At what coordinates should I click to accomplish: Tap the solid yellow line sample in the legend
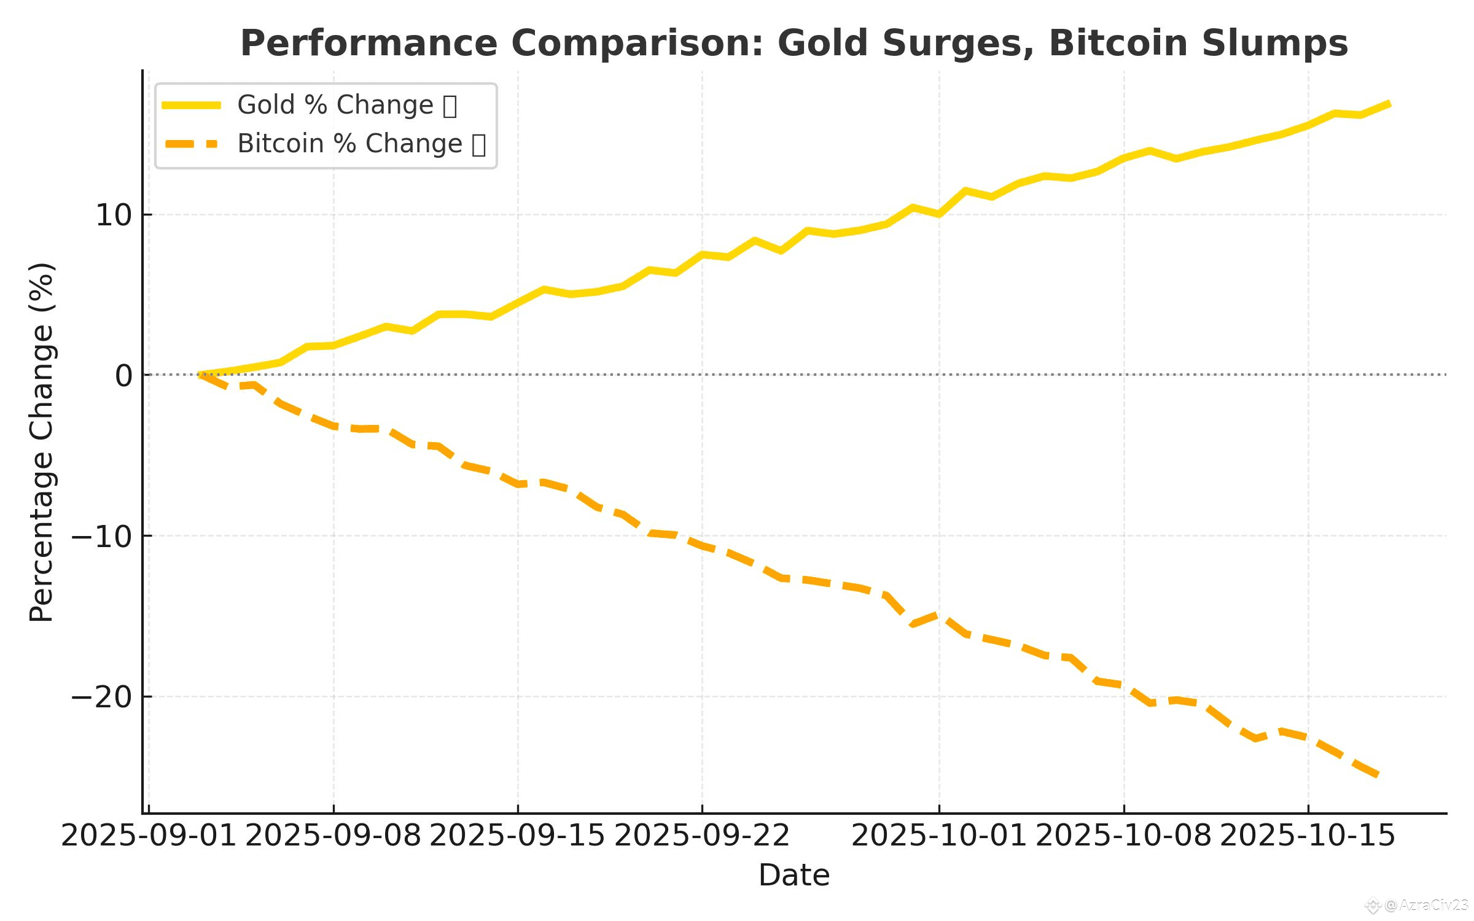pos(191,106)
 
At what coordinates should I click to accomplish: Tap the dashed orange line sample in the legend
pos(191,144)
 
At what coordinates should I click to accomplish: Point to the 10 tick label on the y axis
pos(114,216)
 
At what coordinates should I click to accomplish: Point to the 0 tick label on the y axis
pos(123,376)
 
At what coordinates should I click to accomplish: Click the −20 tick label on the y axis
pos(102,698)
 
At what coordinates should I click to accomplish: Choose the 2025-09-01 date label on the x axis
pos(149,836)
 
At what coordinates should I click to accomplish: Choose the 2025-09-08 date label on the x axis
pos(333,836)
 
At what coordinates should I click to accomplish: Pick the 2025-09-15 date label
pos(518,836)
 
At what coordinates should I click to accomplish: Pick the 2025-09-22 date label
pos(702,836)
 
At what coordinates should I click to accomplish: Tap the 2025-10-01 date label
pos(939,836)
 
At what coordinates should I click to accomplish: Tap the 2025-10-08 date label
pos(1124,836)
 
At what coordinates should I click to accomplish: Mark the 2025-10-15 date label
pos(1308,836)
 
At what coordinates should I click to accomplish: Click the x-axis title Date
pos(794,876)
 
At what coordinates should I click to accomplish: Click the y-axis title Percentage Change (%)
pos(42,442)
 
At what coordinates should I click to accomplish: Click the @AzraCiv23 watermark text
pos(1426,906)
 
